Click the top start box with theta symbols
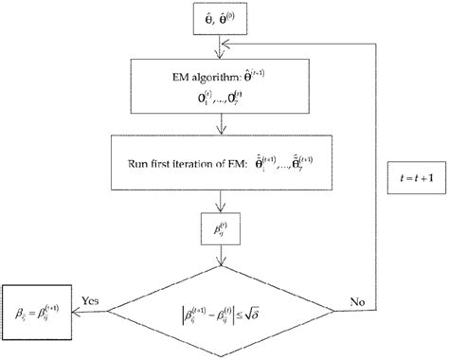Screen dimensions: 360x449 (220, 18)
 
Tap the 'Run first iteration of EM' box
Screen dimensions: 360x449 (220, 153)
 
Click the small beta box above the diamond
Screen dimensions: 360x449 (220, 227)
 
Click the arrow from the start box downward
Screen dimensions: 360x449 (220, 47)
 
